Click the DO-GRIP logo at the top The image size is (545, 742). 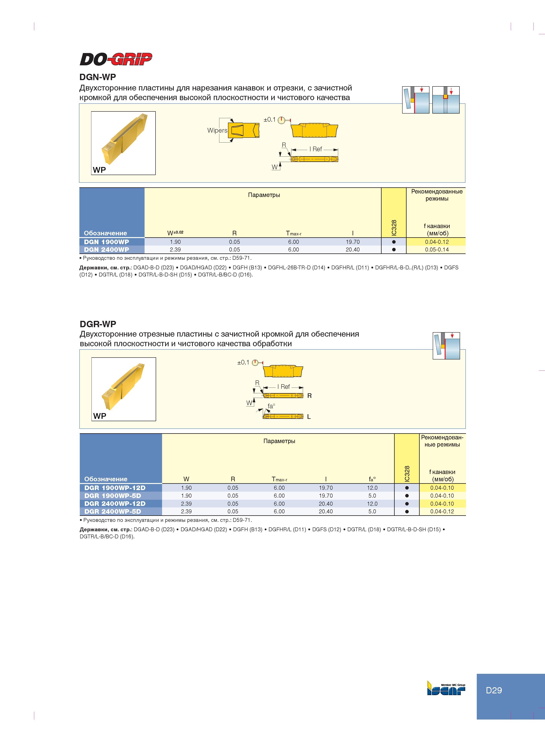point(116,59)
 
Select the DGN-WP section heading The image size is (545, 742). point(98,77)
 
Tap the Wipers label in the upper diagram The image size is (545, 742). point(217,130)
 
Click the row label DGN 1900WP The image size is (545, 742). point(106,242)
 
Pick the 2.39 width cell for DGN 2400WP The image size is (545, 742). point(175,250)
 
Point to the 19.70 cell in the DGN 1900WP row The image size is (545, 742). point(353,242)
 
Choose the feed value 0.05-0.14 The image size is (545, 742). point(437,250)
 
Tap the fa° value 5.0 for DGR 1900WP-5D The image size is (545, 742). point(372,495)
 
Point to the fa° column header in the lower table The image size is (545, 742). point(372,479)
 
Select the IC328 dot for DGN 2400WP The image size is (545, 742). point(394,250)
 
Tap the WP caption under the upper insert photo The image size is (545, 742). point(99,170)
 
